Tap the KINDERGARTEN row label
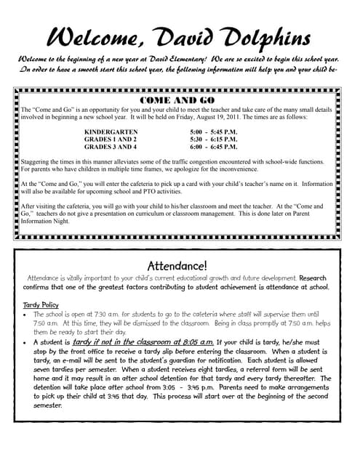click(x=113, y=131)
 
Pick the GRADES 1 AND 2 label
click(x=111, y=138)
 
